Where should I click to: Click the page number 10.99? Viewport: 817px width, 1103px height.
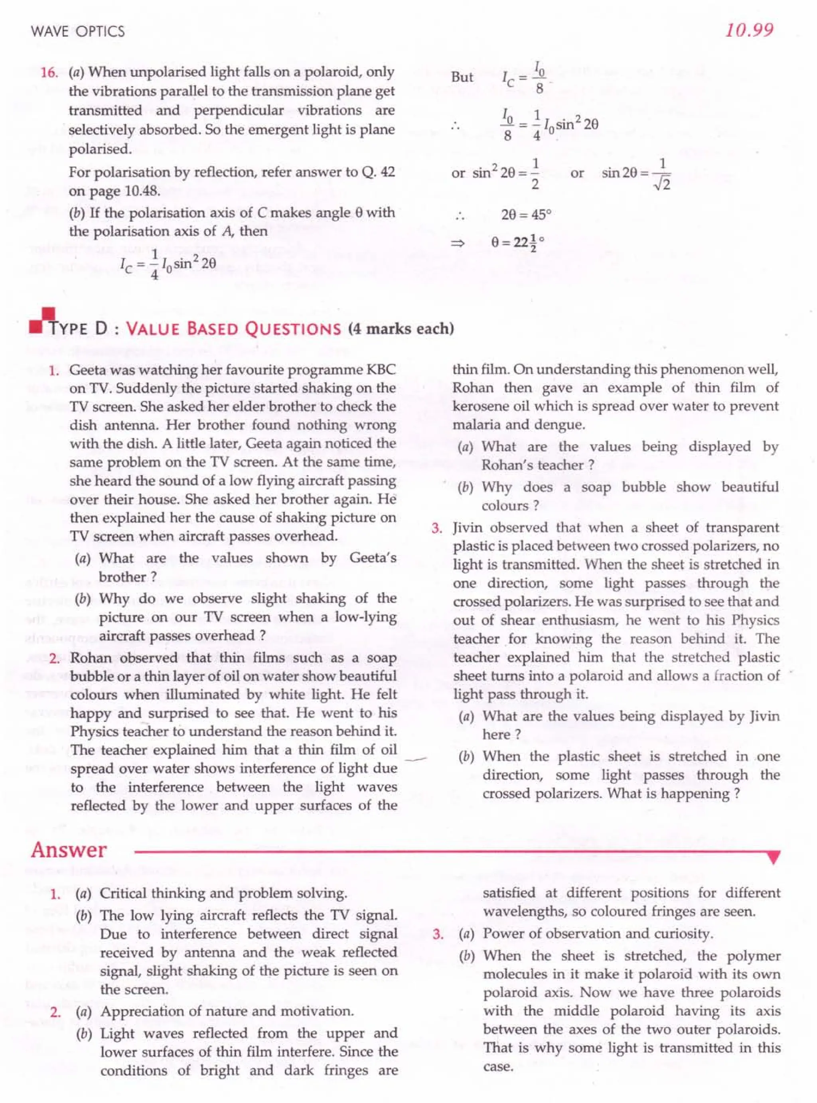point(749,31)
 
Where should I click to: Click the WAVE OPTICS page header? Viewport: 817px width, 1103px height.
point(78,32)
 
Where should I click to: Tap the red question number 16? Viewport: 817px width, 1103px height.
point(49,73)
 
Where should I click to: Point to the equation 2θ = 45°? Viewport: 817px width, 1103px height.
point(525,215)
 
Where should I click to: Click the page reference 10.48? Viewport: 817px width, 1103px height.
point(142,191)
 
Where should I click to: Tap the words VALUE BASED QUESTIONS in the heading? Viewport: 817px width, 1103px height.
point(233,329)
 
